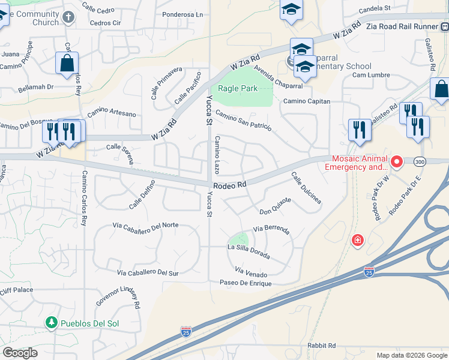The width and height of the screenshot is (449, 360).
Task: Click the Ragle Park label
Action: (x=237, y=88)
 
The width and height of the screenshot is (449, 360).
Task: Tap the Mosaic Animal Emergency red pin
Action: (x=396, y=161)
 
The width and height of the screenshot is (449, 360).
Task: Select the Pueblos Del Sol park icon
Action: (x=52, y=323)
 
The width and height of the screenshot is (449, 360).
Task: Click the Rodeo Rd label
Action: (x=230, y=185)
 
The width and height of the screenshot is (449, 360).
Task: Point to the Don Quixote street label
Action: (x=275, y=211)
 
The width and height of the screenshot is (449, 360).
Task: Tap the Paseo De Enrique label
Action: (x=246, y=283)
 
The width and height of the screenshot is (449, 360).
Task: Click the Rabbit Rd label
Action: (x=321, y=345)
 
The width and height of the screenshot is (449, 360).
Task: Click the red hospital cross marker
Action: (x=358, y=240)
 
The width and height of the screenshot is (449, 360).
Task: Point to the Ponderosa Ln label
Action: (x=183, y=14)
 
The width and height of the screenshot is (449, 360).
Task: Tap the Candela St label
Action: (x=375, y=9)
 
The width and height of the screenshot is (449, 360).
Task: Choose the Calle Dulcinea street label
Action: (x=306, y=190)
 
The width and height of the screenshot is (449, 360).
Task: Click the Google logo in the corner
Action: (x=20, y=353)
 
